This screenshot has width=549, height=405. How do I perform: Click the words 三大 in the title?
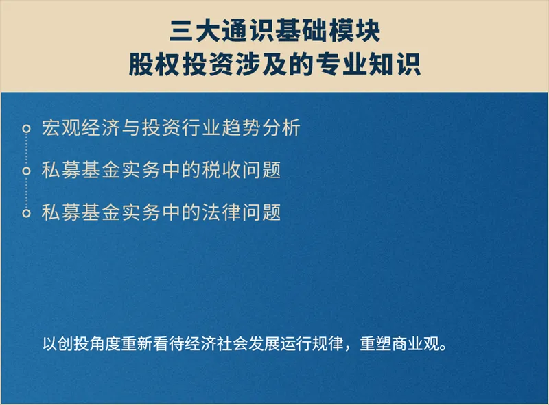click(x=196, y=32)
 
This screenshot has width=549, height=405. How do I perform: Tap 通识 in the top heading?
click(x=248, y=32)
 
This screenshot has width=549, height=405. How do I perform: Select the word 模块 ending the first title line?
click(x=353, y=32)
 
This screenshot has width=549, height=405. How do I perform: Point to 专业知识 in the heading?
click(x=369, y=64)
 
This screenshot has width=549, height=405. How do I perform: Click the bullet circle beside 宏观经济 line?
click(x=26, y=129)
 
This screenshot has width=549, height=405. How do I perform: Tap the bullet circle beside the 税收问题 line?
click(x=26, y=171)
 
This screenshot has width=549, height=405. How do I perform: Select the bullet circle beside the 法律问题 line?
click(x=26, y=213)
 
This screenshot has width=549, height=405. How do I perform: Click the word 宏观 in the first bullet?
click(x=61, y=127)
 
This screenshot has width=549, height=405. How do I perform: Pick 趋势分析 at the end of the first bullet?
click(x=261, y=127)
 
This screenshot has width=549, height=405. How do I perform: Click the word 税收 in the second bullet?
click(x=221, y=170)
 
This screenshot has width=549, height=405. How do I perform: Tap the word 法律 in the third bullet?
click(x=221, y=212)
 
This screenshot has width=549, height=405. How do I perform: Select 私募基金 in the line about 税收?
click(x=81, y=170)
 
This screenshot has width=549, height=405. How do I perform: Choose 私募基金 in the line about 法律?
click(x=81, y=212)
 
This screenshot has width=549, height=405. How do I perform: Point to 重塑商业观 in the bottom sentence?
click(x=399, y=344)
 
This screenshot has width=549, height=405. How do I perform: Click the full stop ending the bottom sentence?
click(x=443, y=348)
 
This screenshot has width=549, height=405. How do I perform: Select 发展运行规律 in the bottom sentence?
click(x=296, y=344)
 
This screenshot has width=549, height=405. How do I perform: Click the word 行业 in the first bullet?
click(x=201, y=127)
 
